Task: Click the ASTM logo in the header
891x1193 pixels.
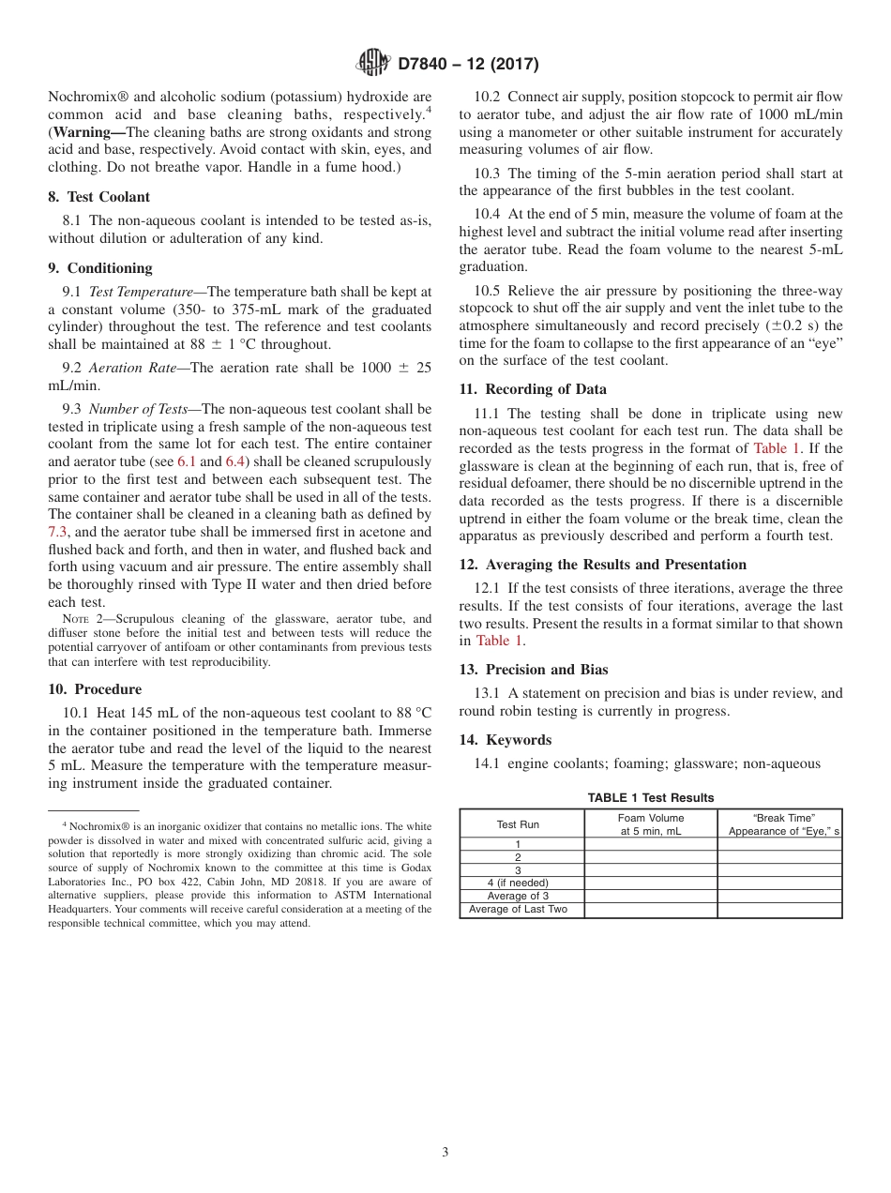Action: tap(373, 64)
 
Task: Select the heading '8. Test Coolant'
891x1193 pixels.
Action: tap(98, 197)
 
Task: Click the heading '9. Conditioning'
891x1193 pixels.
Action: tap(99, 268)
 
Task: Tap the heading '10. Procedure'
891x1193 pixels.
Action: tap(95, 689)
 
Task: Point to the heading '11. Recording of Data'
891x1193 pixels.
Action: tap(533, 389)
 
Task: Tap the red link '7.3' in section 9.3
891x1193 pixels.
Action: tap(58, 532)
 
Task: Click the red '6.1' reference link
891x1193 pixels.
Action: tap(187, 461)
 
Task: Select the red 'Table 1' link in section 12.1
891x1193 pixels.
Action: tap(499, 641)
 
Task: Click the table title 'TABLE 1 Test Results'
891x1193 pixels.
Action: tap(651, 798)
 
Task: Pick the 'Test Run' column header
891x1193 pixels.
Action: tap(518, 824)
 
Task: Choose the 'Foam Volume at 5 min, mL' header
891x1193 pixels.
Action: tap(651, 824)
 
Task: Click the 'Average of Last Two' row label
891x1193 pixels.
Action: tap(518, 910)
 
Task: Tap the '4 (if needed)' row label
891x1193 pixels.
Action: tap(518, 883)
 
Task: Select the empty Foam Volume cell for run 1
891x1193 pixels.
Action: tap(651, 844)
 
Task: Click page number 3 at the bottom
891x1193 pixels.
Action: tap(445, 1153)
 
